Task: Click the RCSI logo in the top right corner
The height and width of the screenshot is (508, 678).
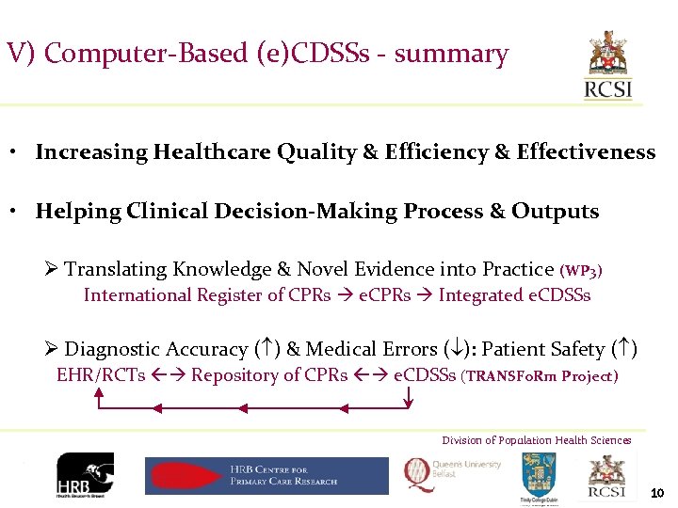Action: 609,66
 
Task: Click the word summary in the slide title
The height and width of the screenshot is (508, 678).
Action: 451,55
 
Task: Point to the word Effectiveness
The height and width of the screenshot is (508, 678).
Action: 586,152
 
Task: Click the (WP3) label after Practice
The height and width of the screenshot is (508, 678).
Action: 581,271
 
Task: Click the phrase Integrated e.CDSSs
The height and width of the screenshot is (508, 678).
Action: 515,295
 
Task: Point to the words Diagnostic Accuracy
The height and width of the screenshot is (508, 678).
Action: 156,349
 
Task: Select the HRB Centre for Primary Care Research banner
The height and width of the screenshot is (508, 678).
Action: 266,476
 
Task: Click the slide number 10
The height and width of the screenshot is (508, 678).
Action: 657,493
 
